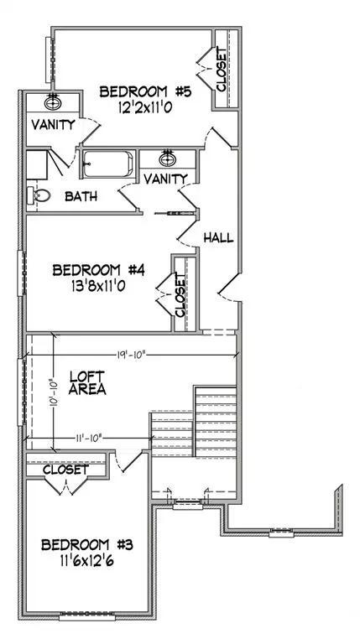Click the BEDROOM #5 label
pyautogui.click(x=146, y=91)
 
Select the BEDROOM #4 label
pyautogui.click(x=100, y=270)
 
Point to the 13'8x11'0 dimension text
pyautogui.click(x=100, y=286)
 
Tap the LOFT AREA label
pyautogui.click(x=86, y=383)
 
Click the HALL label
pyautogui.click(x=218, y=238)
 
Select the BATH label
pyautogui.click(x=81, y=197)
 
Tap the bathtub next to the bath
pyautogui.click(x=107, y=162)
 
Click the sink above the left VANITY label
pyautogui.click(x=54, y=101)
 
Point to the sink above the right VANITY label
pyautogui.click(x=168, y=159)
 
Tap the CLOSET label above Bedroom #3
pyautogui.click(x=65, y=470)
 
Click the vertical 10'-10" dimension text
pyautogui.click(x=51, y=392)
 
